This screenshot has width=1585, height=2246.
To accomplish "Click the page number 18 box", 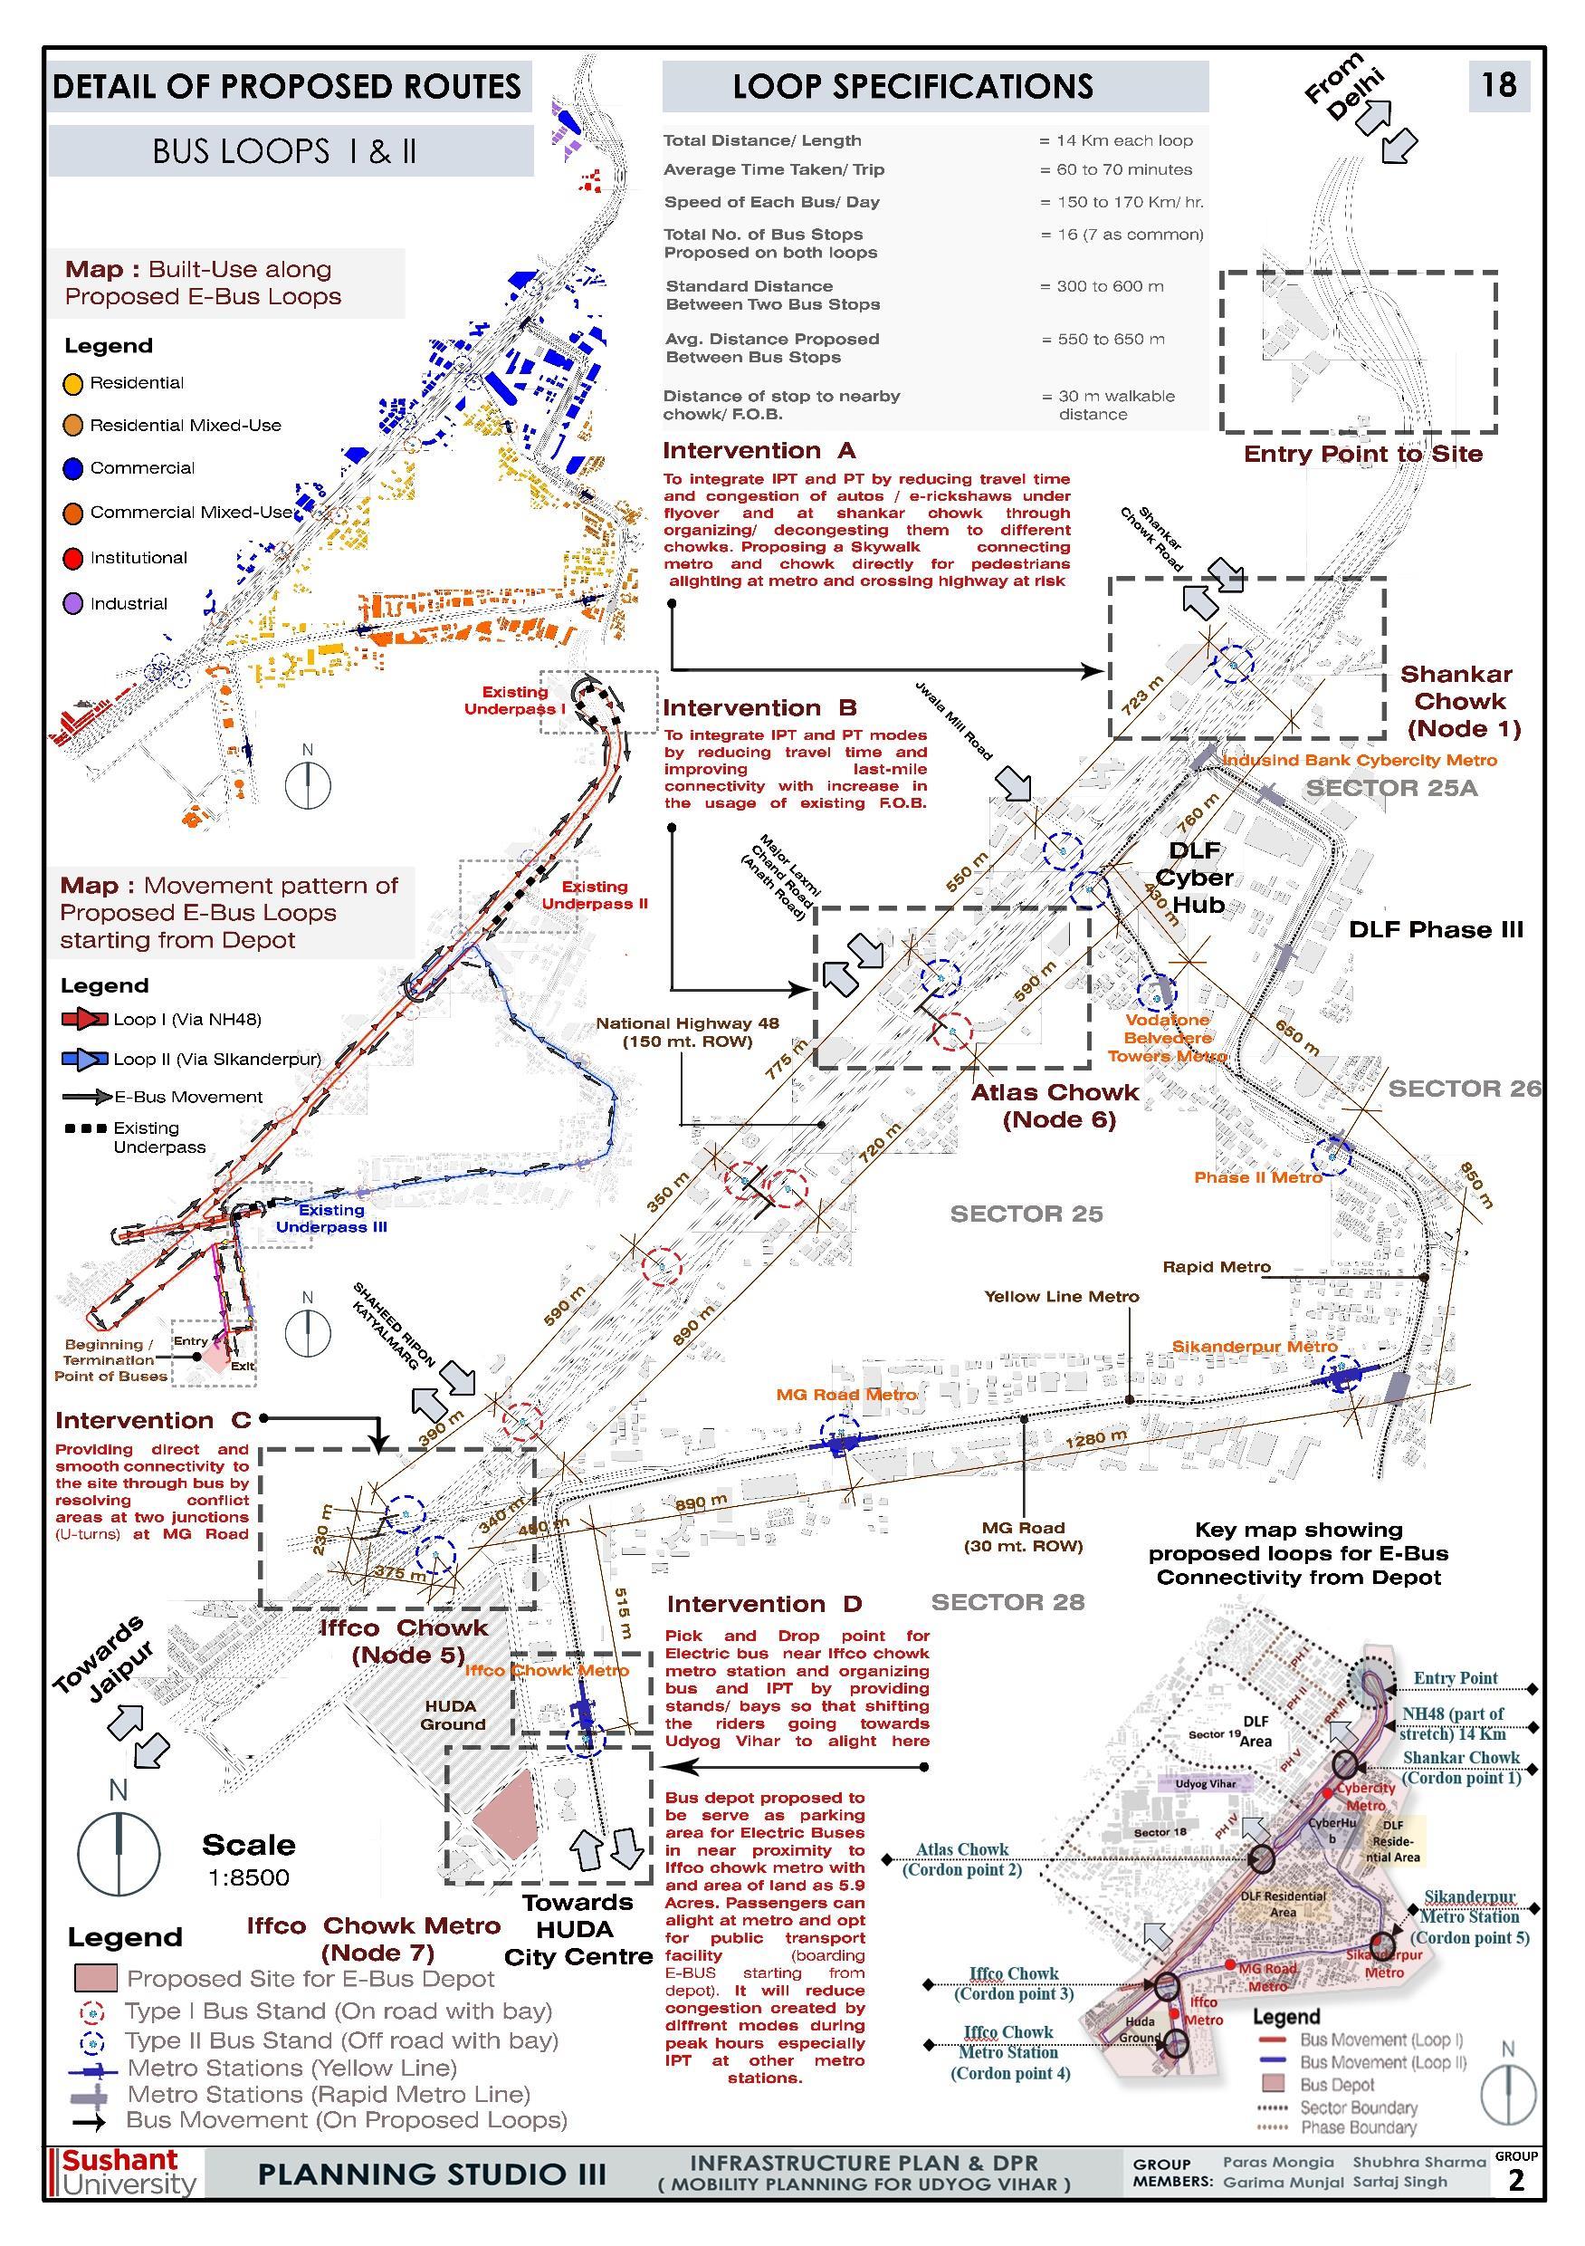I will pos(1498,85).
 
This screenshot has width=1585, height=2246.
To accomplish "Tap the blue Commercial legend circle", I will pos(72,468).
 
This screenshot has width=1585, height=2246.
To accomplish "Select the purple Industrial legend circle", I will pos(72,603).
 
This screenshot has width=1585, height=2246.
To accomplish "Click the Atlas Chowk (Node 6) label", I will pos(1055,1106).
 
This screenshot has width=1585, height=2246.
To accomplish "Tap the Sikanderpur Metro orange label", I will pos(1255,1346).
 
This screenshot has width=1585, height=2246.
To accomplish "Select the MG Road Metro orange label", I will pos(846,1394).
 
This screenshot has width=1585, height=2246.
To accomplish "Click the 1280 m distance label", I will pos(1095,1439).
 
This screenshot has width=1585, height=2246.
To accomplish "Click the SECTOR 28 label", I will pos(1007,1601).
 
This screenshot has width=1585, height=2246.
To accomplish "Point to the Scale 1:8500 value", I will pos(248,1877).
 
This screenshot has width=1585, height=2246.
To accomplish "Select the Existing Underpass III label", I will pos(331,1218).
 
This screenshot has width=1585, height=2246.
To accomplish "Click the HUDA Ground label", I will pos(452,1714).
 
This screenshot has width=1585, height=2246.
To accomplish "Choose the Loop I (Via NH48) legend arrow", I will pos(85,1020).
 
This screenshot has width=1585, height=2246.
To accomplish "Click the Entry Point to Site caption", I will pos(1362,454).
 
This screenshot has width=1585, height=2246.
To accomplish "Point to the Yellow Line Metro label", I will pos(1061,1296).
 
